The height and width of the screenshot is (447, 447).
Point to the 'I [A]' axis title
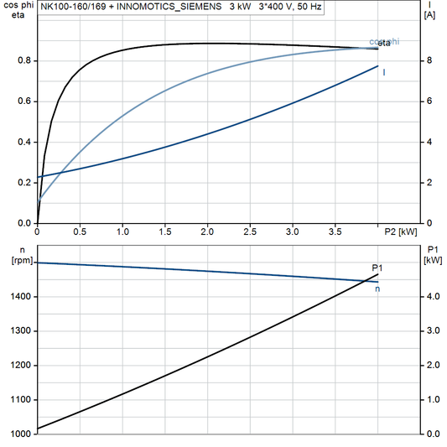pos(429,10)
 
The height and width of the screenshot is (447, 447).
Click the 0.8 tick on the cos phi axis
pos(25,60)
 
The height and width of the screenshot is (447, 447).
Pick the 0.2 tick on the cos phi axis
pos(25,183)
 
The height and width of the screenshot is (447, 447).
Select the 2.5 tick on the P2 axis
pos(250,231)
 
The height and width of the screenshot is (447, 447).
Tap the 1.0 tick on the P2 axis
pos(122,231)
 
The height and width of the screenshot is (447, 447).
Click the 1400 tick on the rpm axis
pos(20,297)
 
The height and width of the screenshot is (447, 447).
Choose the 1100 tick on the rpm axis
pos(20,400)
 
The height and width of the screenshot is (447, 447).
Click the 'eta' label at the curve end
pos(385,42)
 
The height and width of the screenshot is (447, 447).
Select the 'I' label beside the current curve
pos(384,72)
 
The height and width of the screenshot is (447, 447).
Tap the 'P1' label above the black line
pos(377,268)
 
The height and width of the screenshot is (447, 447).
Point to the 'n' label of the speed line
pos(377,289)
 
